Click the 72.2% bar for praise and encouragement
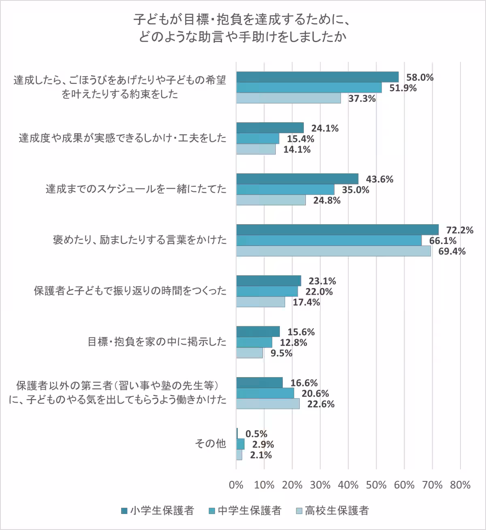point(337,229)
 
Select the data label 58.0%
point(420,77)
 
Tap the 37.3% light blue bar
point(288,98)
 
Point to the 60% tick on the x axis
point(404,484)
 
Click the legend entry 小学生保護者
point(158,511)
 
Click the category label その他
point(210,444)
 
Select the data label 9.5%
point(281,353)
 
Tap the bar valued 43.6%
point(297,179)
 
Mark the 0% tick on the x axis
point(236,484)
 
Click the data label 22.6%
point(321,404)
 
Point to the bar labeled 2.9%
point(241,444)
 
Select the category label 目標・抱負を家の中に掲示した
point(157,342)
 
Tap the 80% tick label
point(460,484)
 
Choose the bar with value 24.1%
point(270,128)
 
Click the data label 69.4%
point(452,251)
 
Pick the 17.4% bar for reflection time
point(260,302)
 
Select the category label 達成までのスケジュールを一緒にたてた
point(136,189)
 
